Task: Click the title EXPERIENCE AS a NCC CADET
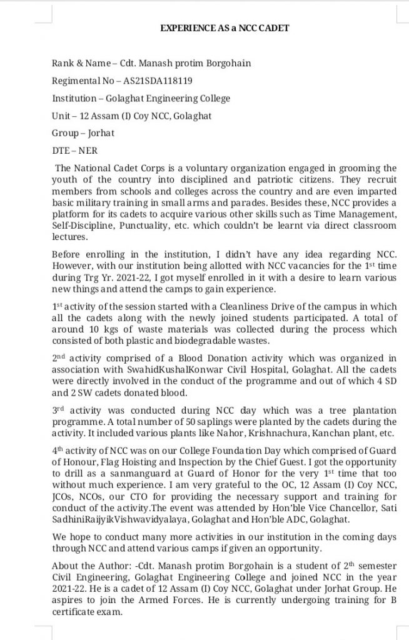coord(225,27)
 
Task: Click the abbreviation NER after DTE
coord(89,151)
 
